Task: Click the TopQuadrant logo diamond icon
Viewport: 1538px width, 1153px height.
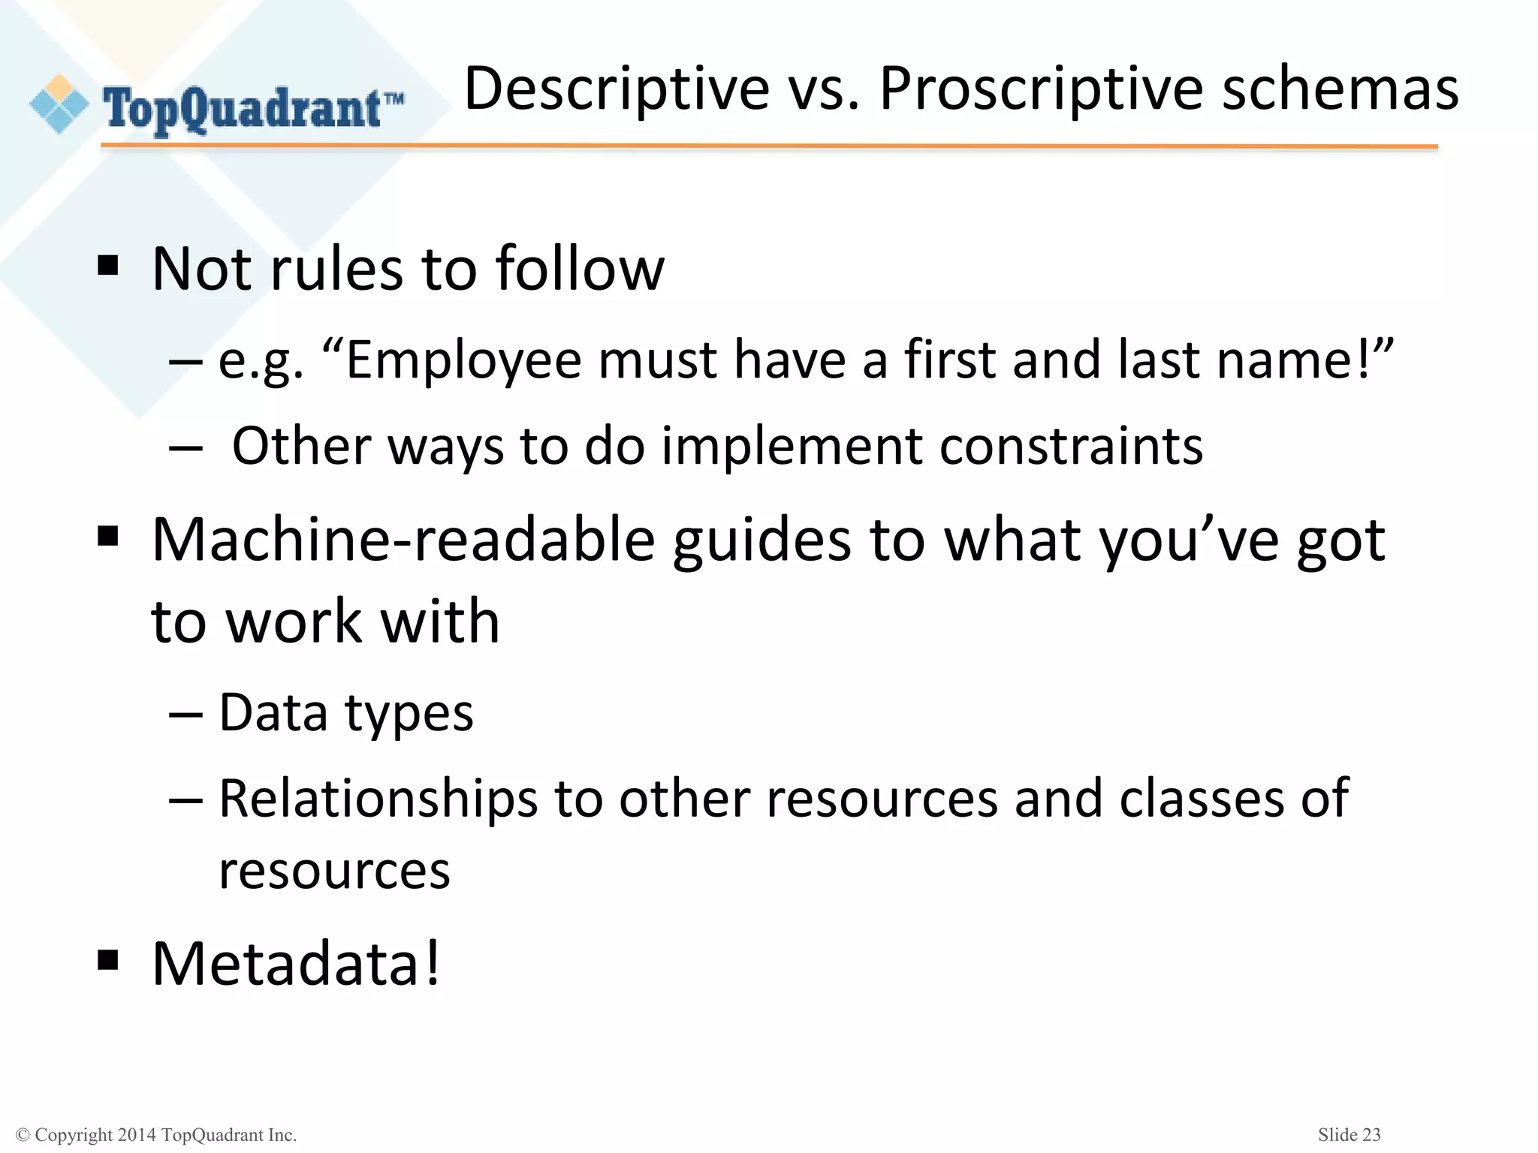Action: tap(59, 104)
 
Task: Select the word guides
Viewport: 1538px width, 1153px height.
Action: tap(762, 541)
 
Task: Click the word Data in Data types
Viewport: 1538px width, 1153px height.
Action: tap(273, 712)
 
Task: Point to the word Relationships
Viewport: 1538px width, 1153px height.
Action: tap(378, 799)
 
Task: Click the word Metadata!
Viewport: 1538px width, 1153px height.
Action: tap(296, 964)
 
